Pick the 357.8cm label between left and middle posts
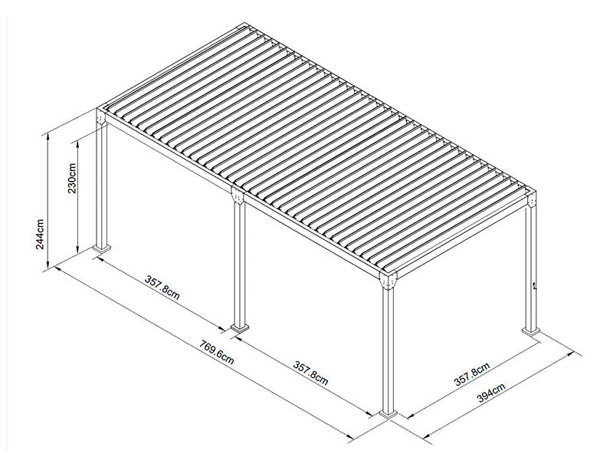click(x=162, y=286)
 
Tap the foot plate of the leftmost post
click(x=102, y=248)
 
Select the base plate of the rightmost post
click(x=531, y=331)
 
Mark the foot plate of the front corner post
click(x=389, y=415)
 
